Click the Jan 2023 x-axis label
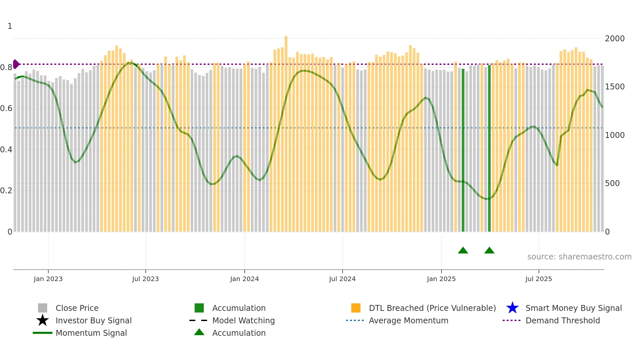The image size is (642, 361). coord(48,279)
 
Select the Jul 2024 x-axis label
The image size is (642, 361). coord(342,279)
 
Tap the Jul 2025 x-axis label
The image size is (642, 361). coord(538,279)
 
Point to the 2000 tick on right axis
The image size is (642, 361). coord(614,39)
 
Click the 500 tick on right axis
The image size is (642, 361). coord(612,183)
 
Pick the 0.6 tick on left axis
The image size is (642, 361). coord(6,108)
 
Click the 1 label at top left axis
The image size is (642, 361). coord(10,26)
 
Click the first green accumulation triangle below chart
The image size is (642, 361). coord(463,251)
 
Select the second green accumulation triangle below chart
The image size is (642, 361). coord(489,251)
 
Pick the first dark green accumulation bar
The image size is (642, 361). coord(463,151)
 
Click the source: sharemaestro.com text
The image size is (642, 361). coord(579,257)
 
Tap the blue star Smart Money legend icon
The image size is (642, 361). coord(512,308)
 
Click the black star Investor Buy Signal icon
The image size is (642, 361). coord(43,320)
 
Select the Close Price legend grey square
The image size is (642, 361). coord(43,308)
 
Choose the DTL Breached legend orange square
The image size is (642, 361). coord(356,308)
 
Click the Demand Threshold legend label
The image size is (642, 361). coord(562,320)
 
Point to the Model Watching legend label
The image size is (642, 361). coord(243,320)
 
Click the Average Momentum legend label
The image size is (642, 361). coord(408,320)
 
